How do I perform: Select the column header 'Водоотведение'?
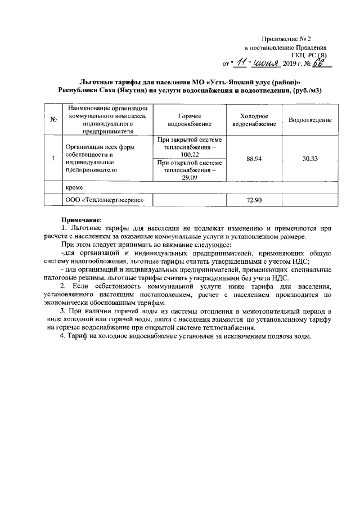tap(309, 120)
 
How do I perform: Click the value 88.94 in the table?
tap(254, 159)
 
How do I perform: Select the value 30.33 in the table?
tap(309, 159)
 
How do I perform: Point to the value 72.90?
tap(254, 200)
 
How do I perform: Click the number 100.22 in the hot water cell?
tap(190, 154)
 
